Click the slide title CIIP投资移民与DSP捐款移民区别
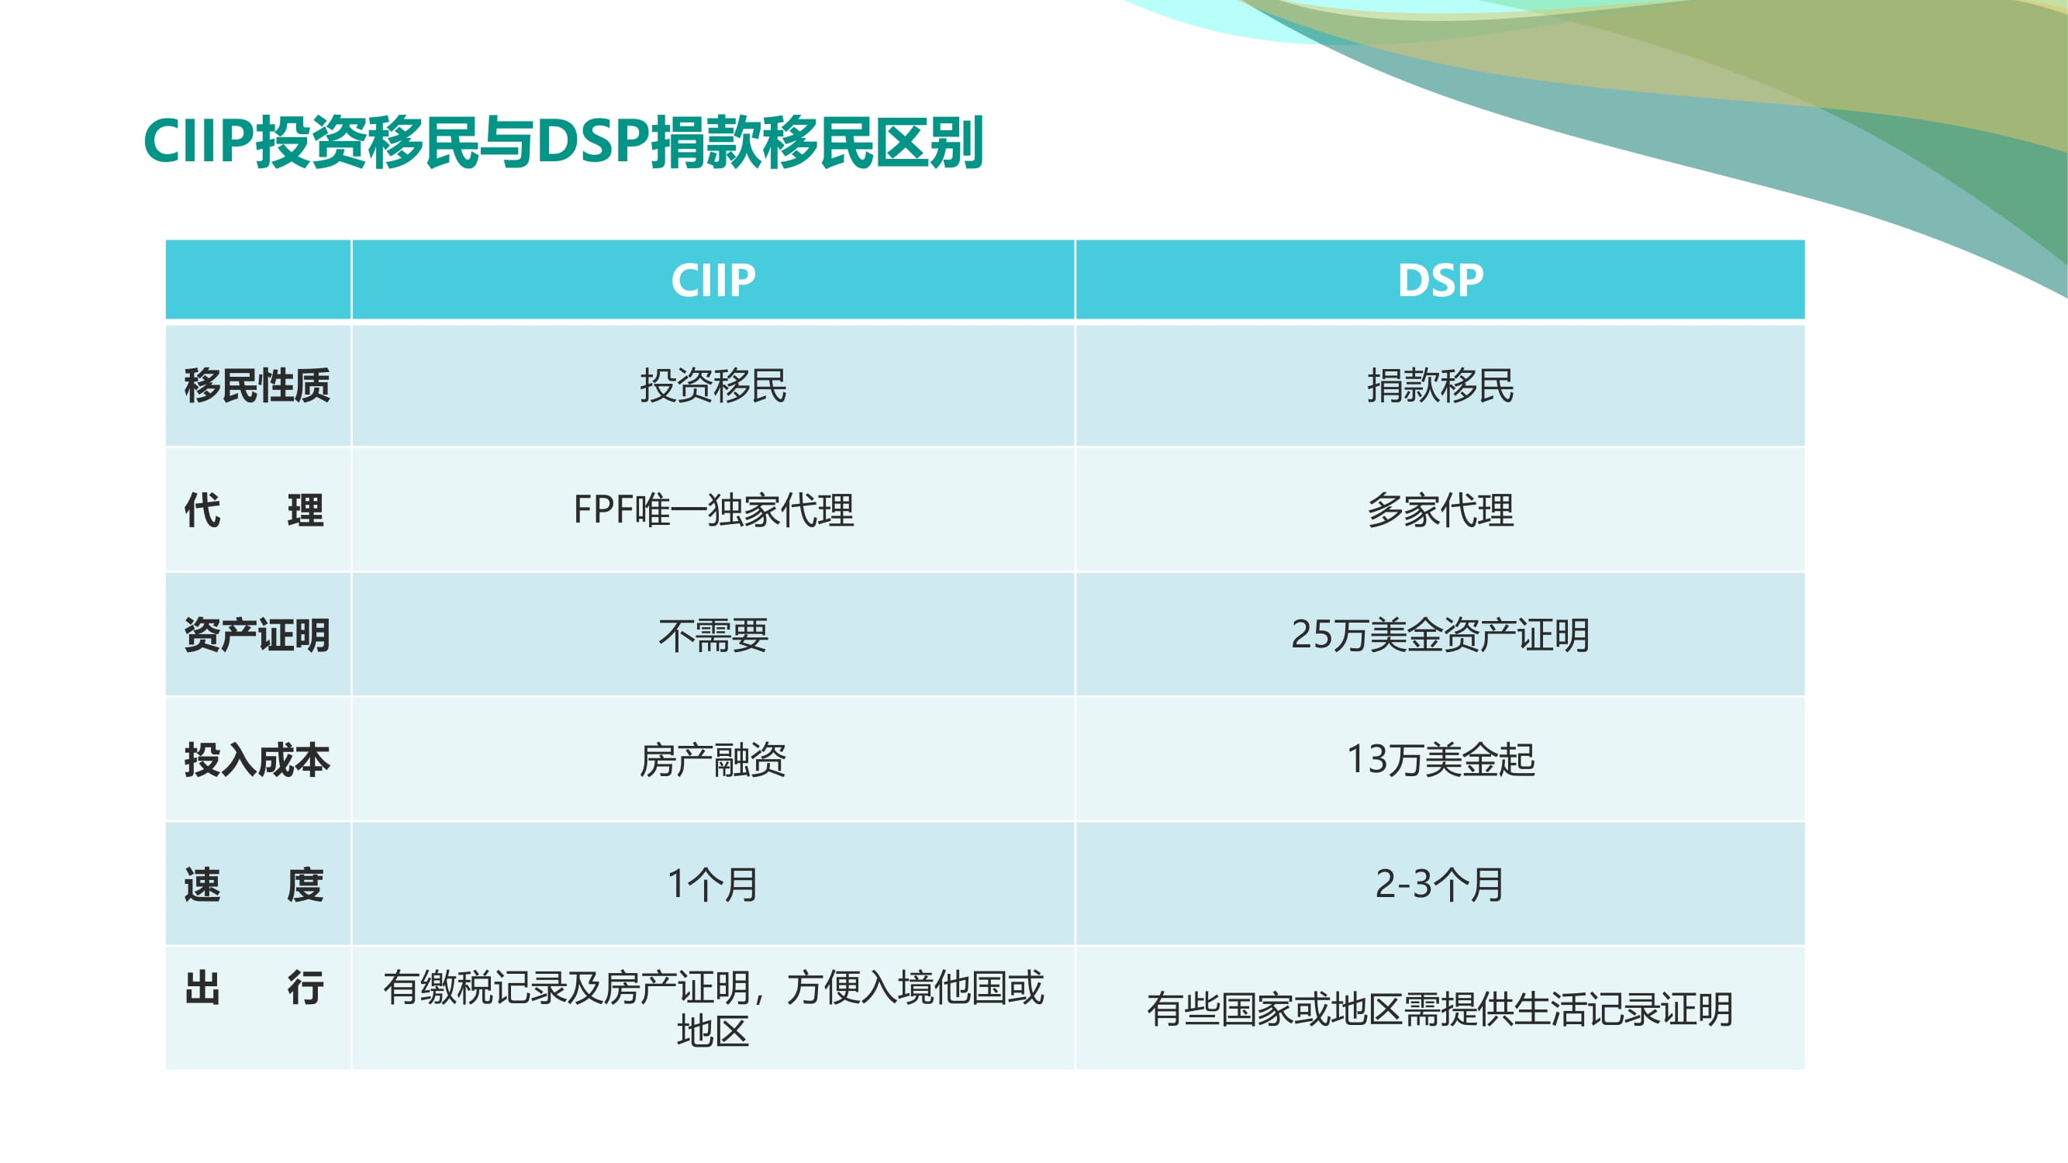[x=564, y=142]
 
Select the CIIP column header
[x=713, y=280]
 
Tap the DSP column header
[x=1440, y=280]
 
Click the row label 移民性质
[x=257, y=385]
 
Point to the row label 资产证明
[x=257, y=635]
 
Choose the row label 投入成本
[x=257, y=759]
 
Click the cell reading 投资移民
[x=713, y=385]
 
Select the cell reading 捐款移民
[x=1440, y=385]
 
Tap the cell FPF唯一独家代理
[x=713, y=509]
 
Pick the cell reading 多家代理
[x=1440, y=509]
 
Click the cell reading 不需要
[x=713, y=635]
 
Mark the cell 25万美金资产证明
[x=1440, y=635]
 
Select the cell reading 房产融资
[x=713, y=759]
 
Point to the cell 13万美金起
[x=1440, y=759]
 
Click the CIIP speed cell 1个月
[x=713, y=884]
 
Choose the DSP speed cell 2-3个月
[x=1440, y=884]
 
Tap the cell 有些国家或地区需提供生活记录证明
[x=1440, y=1009]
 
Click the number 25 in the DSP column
[x=1312, y=635]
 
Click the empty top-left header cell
[x=257, y=279]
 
